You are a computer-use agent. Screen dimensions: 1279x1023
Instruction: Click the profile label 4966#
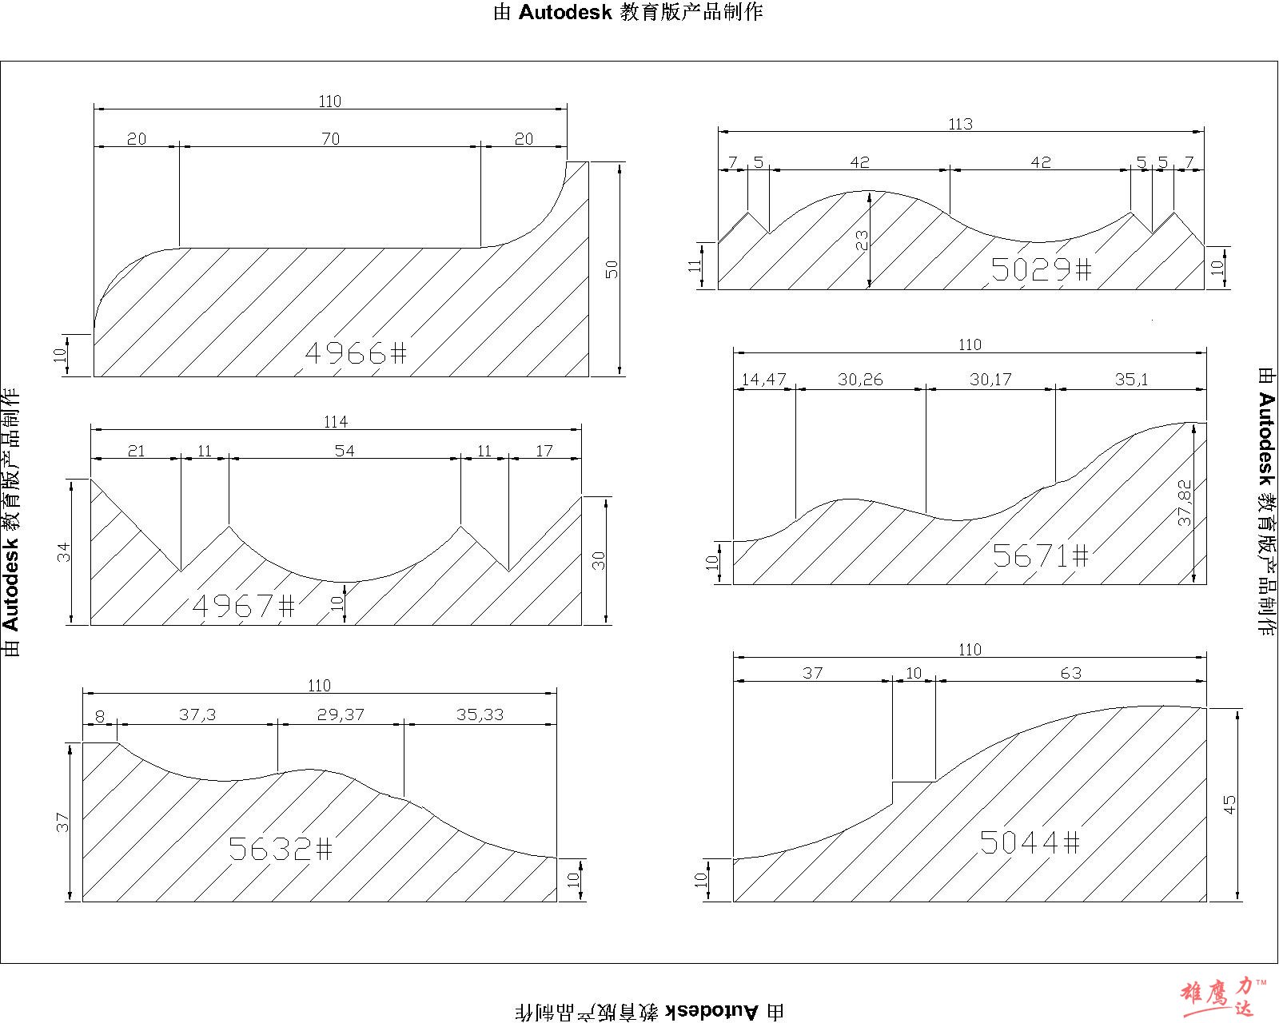pos(356,353)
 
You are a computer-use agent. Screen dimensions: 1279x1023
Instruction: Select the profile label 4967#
pos(243,606)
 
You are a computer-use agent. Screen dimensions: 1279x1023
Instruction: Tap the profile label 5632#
pos(280,849)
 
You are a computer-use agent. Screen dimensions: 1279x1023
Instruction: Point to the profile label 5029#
pos(1041,269)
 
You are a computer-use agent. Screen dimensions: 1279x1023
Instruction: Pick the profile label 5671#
pos(1040,555)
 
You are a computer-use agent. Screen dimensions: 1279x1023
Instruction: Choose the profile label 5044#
pos(1030,842)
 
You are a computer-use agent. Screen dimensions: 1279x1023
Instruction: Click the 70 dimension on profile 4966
pos(330,138)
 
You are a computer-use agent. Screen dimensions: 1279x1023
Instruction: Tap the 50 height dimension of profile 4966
pos(612,269)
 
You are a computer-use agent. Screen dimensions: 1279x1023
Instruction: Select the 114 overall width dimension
pos(336,421)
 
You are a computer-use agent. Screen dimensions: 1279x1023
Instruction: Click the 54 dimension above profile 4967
pos(344,451)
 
